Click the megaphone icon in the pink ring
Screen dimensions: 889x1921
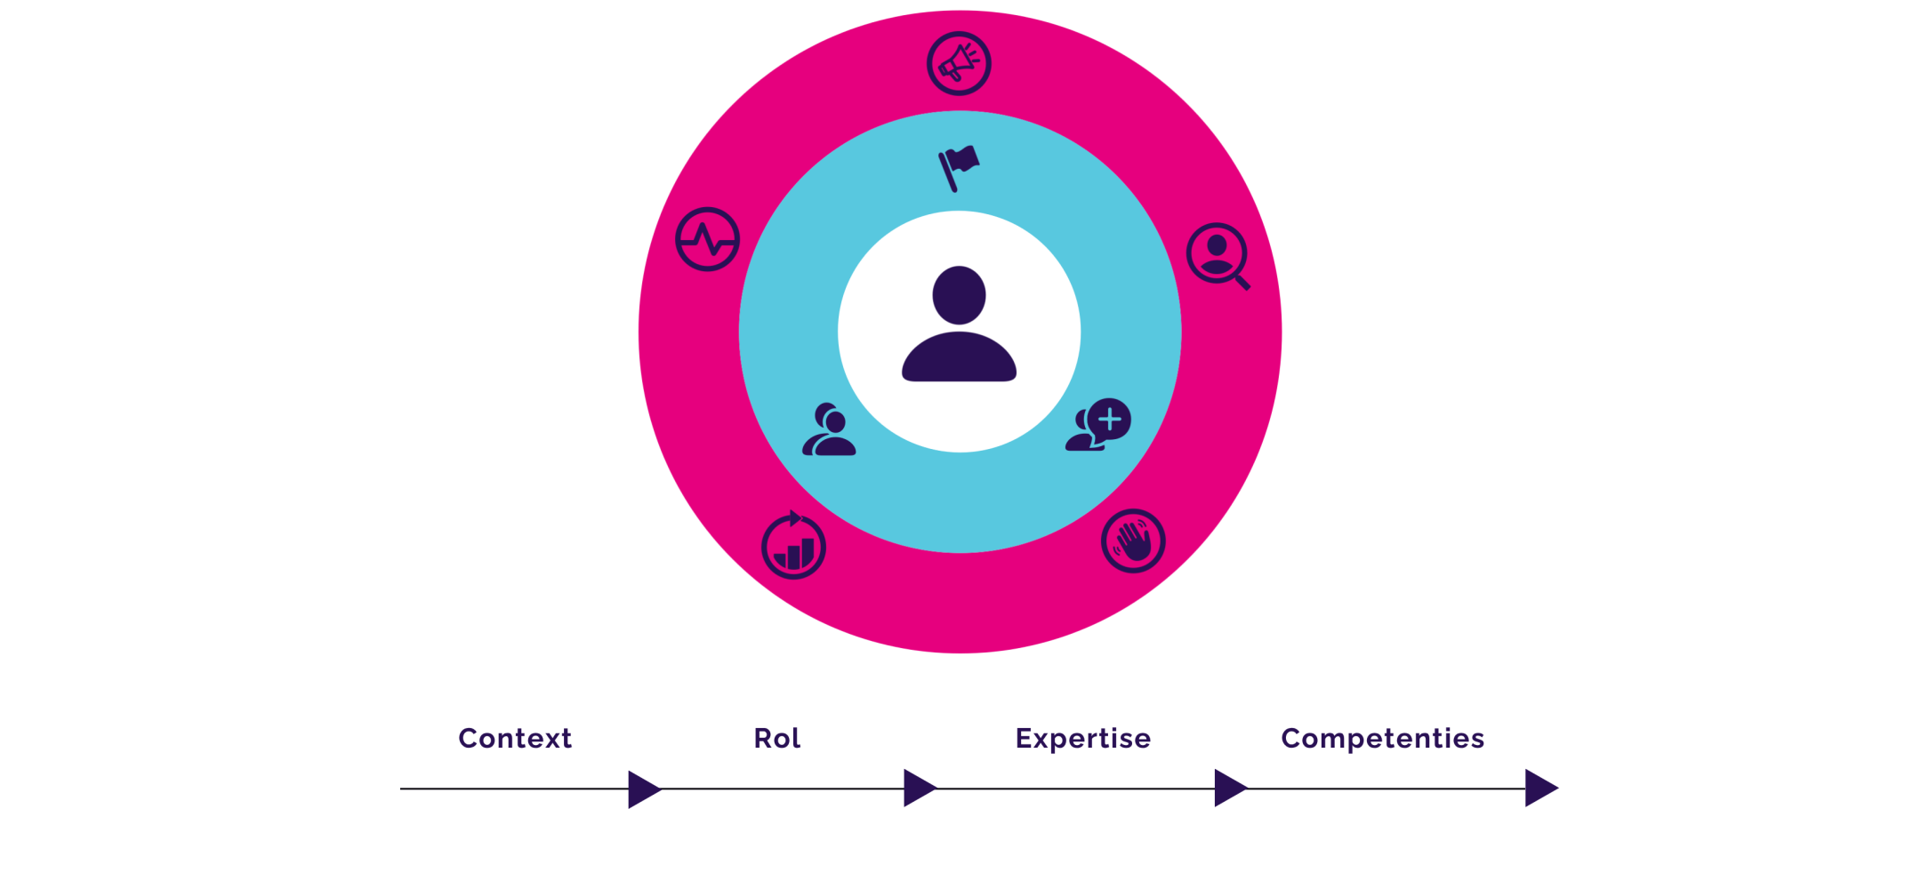(x=959, y=63)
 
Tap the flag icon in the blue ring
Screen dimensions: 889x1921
(x=959, y=167)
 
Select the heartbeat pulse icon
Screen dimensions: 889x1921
(x=707, y=240)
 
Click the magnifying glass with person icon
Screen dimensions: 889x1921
(x=1218, y=254)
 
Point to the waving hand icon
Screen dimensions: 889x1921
(x=1133, y=541)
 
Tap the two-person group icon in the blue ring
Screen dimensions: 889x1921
(x=829, y=430)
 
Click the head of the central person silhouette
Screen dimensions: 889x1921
(x=959, y=295)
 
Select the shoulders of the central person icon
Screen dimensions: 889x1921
(x=959, y=358)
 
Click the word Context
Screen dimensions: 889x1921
(x=515, y=738)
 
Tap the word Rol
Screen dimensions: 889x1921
(x=777, y=738)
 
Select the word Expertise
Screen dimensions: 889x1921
(x=1083, y=738)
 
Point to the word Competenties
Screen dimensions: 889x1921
(x=1383, y=738)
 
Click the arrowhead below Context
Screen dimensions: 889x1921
(x=643, y=789)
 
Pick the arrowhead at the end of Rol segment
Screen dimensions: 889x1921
(x=919, y=789)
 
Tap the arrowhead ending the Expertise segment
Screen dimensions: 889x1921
(x=1229, y=789)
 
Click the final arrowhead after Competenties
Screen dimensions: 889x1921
(x=1539, y=789)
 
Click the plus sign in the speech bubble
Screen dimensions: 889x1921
(x=1110, y=419)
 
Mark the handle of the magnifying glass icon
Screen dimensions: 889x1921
(x=1242, y=282)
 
